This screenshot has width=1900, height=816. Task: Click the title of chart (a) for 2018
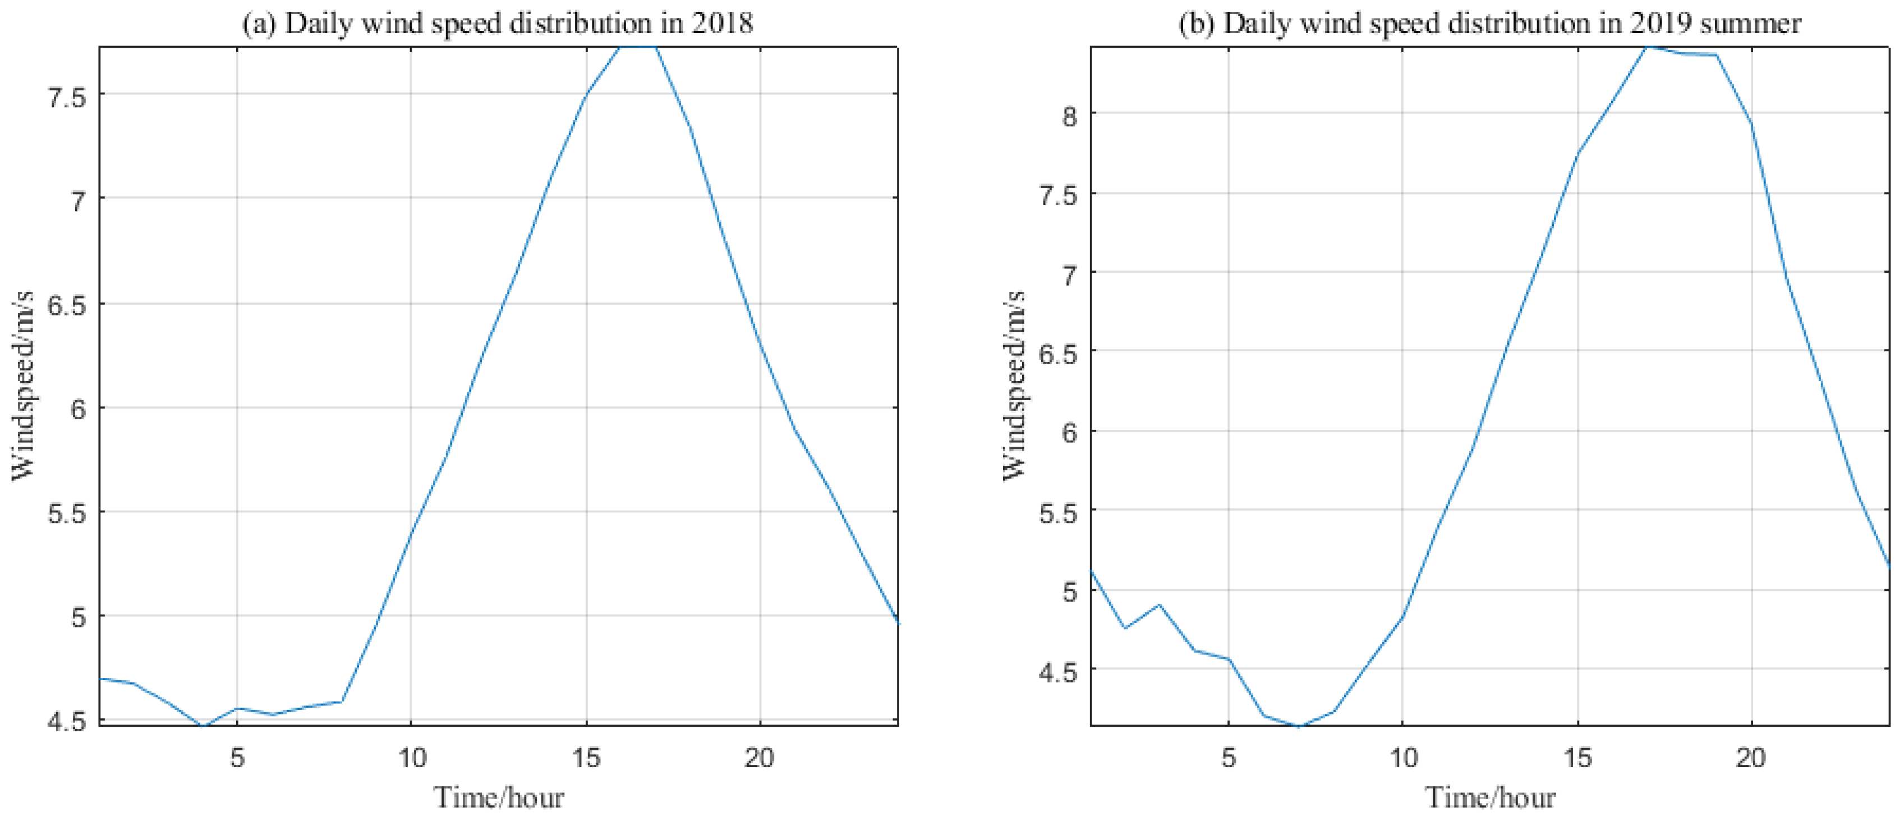(x=498, y=23)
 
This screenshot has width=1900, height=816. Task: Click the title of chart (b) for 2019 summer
(x=1489, y=23)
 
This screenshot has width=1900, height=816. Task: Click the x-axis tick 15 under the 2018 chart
(x=586, y=758)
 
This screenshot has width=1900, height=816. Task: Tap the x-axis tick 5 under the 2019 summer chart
(x=1228, y=758)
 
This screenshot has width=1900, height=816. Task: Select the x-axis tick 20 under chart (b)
(x=1750, y=758)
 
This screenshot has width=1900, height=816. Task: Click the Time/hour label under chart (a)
(x=499, y=797)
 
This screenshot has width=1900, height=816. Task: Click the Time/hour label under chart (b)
(x=1490, y=797)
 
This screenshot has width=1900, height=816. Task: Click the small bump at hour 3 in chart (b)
(x=1159, y=605)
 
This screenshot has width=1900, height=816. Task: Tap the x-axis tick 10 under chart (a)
(x=412, y=758)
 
